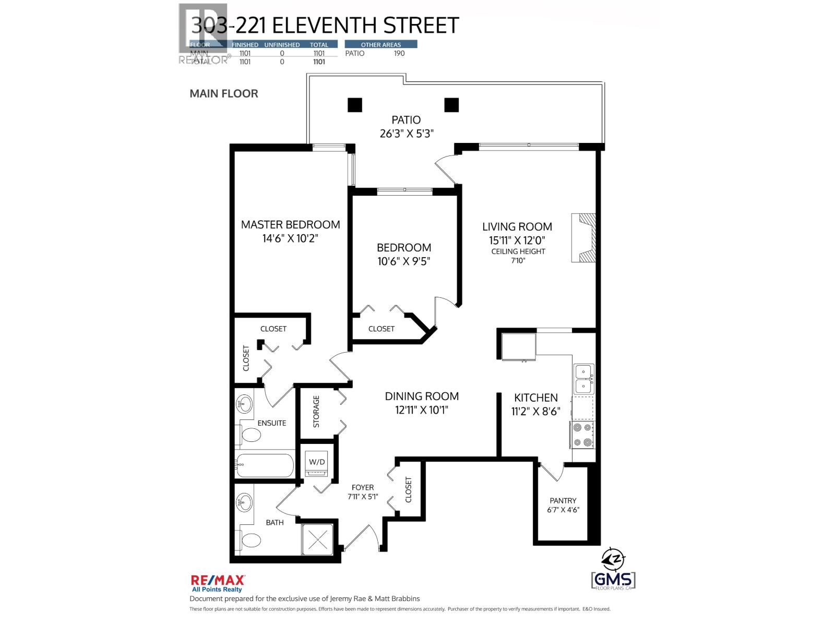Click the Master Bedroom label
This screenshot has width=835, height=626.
click(x=290, y=225)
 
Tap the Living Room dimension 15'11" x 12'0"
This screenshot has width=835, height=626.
click(x=517, y=240)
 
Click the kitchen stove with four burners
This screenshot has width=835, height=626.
click(x=583, y=435)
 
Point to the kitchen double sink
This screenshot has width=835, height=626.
click(x=583, y=379)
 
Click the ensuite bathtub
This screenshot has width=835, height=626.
click(x=265, y=464)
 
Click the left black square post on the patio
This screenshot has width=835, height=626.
click(x=355, y=105)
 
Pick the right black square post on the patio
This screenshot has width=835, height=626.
click(x=451, y=105)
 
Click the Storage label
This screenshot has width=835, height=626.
click(x=316, y=411)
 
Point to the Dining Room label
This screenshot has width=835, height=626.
click(x=422, y=396)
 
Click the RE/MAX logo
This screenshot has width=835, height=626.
click(x=218, y=583)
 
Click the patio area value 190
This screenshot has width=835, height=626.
click(x=399, y=53)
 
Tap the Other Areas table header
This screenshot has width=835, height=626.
click(x=381, y=45)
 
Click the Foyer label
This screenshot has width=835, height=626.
click(x=362, y=488)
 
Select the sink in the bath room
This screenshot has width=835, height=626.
click(x=244, y=503)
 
